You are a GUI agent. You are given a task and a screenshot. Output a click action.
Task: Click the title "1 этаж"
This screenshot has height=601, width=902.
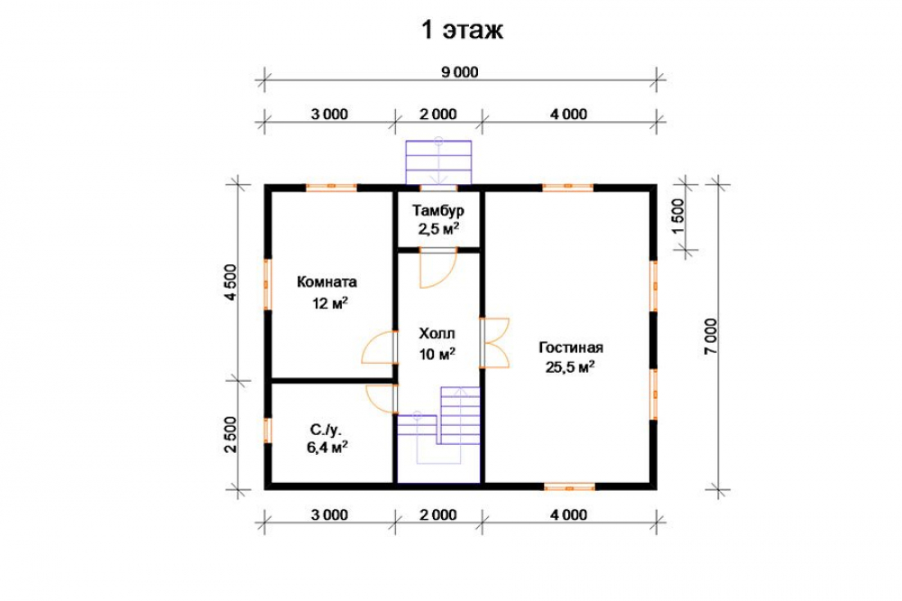tap(463, 30)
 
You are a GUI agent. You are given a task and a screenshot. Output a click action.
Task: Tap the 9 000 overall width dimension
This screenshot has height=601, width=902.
tap(460, 72)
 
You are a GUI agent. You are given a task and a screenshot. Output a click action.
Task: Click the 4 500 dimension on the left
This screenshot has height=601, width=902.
tap(231, 282)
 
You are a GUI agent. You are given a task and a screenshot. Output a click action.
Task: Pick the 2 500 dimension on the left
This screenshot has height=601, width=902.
tap(230, 435)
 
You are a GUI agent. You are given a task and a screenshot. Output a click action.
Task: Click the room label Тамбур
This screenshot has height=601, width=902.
tap(438, 210)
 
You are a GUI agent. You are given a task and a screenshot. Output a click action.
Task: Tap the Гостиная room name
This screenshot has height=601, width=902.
tap(571, 347)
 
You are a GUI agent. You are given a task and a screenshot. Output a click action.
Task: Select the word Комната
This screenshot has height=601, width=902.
tap(327, 282)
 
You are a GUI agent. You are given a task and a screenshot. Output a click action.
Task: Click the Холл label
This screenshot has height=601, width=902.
tap(437, 334)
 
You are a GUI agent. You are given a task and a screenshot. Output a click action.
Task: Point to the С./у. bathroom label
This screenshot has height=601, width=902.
tap(327, 430)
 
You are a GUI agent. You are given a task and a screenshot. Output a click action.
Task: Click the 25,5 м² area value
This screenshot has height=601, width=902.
tap(570, 366)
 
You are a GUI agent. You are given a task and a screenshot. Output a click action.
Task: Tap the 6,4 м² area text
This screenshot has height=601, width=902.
tap(327, 448)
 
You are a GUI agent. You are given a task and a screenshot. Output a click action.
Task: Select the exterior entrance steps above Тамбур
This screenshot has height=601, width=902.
tap(438, 162)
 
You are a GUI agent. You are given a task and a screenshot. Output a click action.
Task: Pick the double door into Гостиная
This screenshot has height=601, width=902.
tap(495, 343)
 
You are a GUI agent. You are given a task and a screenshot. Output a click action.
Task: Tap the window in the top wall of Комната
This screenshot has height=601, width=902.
tap(331, 187)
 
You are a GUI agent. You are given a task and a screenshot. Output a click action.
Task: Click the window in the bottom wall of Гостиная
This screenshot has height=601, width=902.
tap(569, 487)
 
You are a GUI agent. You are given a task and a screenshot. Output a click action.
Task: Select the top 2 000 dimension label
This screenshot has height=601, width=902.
tap(438, 114)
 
